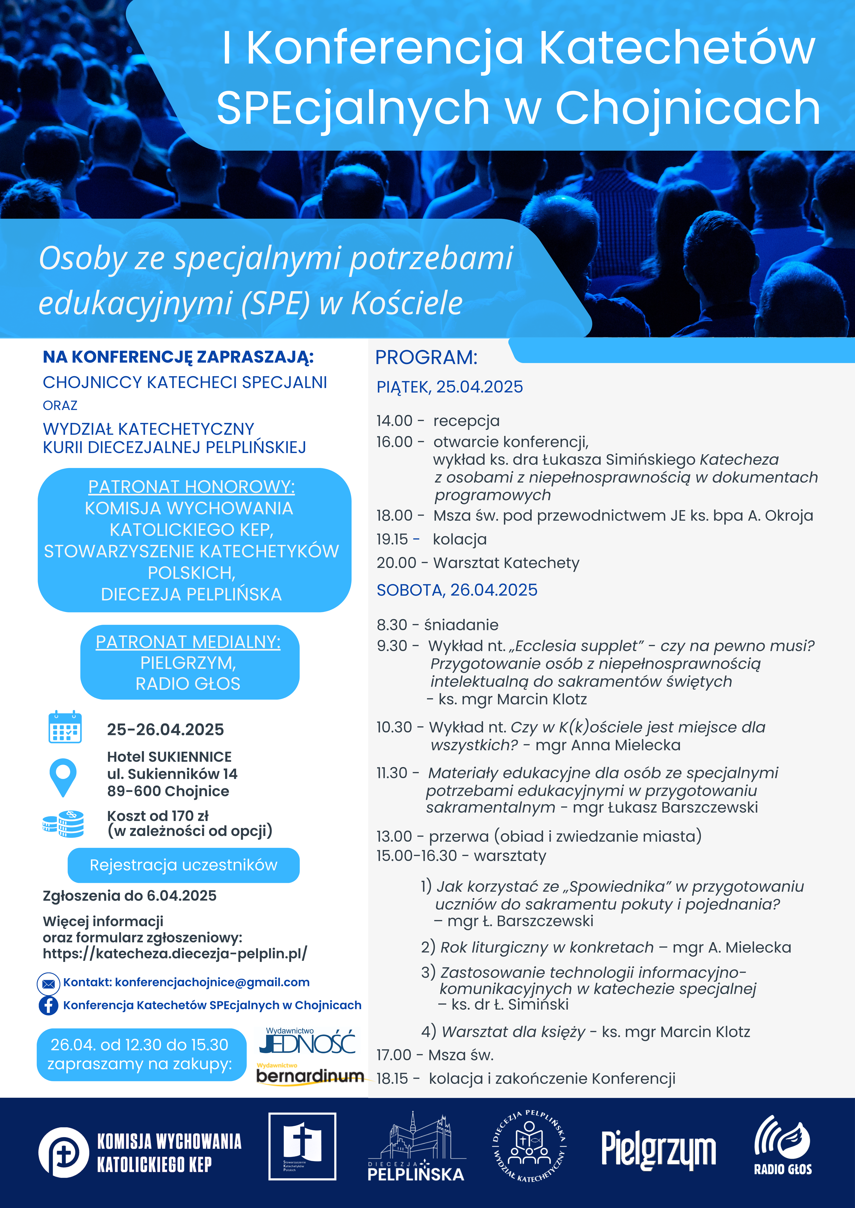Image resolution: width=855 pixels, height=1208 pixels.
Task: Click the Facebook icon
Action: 48,1005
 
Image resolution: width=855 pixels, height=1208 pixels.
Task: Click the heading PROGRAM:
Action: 426,357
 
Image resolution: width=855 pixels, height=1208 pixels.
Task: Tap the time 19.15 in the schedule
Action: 392,539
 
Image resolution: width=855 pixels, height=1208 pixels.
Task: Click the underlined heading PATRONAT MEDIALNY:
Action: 188,642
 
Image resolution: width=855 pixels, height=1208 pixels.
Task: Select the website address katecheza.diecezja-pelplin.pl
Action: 175,953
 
